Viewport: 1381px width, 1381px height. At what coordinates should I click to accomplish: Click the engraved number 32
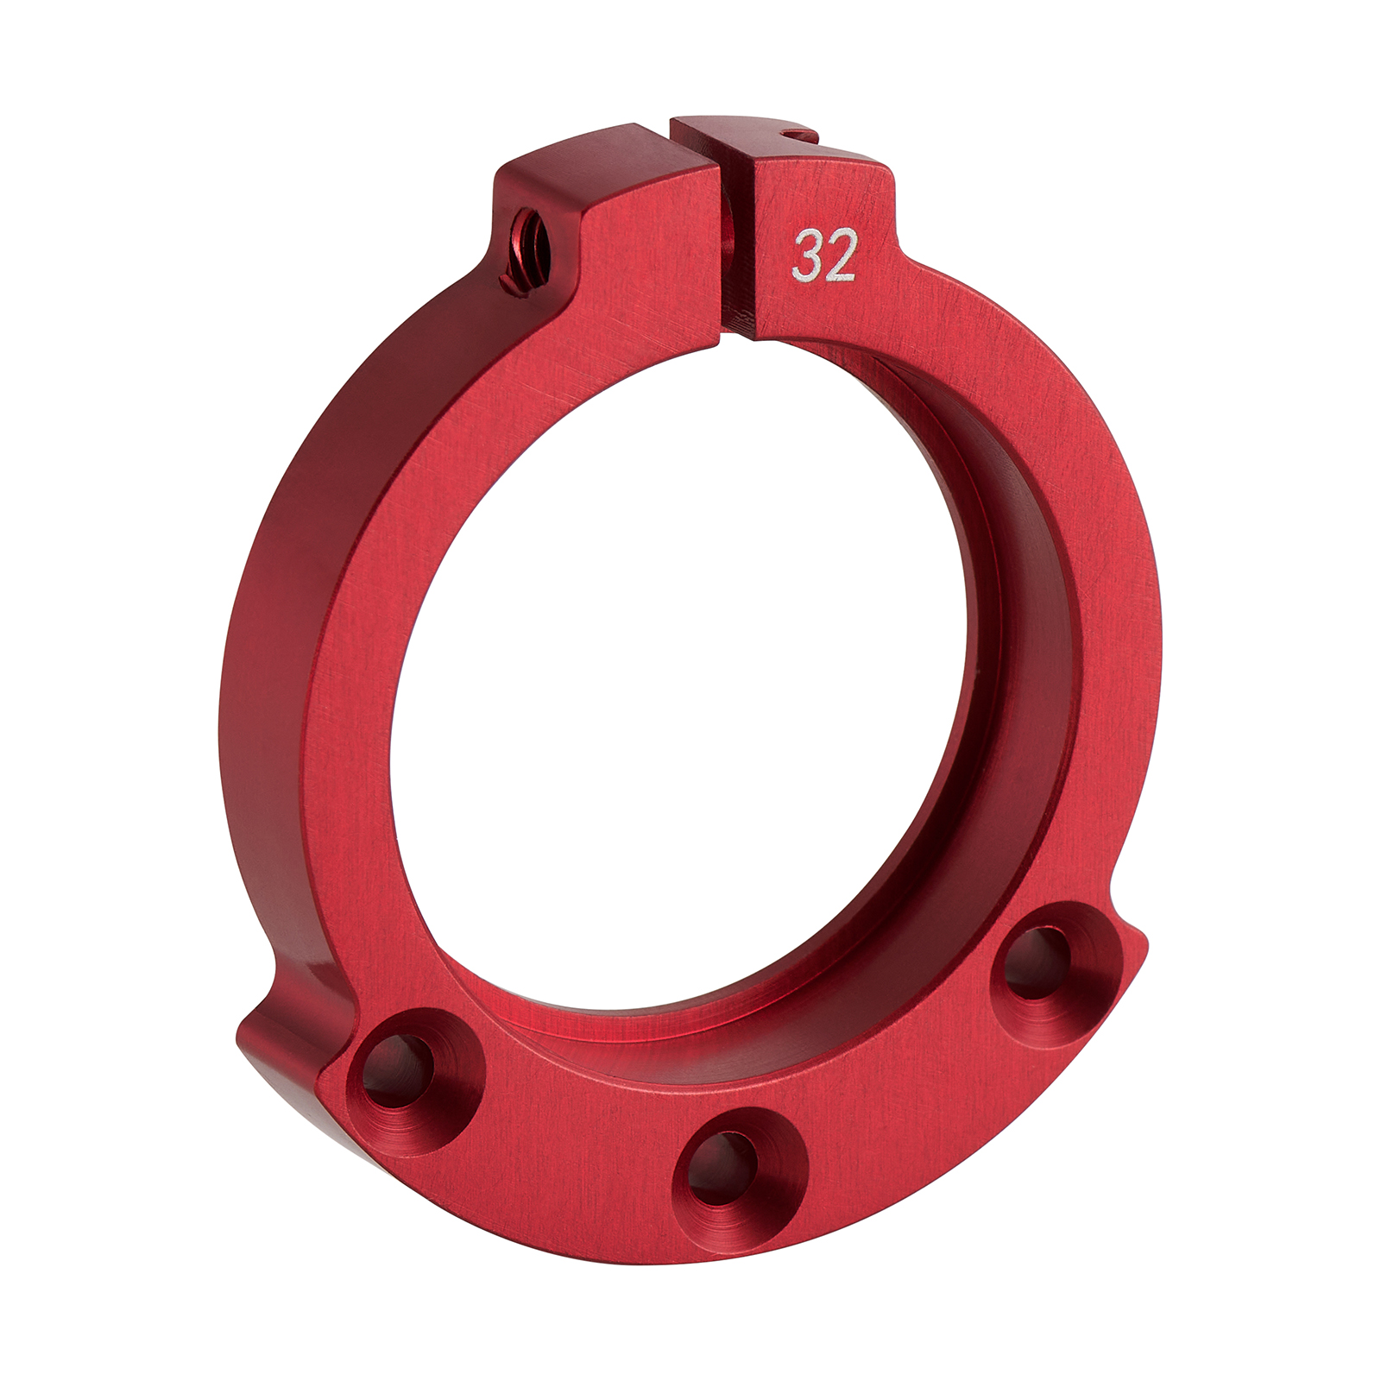pos(824,255)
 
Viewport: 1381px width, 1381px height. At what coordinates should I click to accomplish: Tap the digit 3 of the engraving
pos(808,256)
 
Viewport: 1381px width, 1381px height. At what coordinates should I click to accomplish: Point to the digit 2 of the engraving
pos(840,256)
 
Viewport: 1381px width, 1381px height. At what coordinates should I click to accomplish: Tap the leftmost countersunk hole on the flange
pos(396,1072)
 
